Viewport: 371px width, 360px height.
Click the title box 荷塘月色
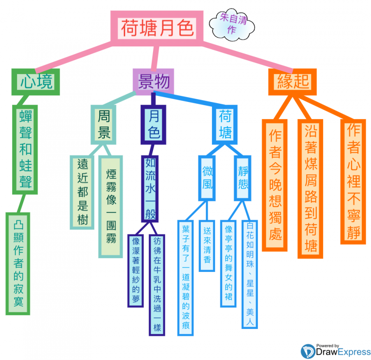(x=156, y=28)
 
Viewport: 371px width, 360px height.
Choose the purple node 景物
(x=153, y=81)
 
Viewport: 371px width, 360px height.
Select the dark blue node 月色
(x=154, y=125)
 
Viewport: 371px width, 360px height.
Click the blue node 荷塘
(x=225, y=124)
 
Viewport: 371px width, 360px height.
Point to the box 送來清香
(x=207, y=245)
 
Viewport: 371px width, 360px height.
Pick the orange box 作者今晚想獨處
(x=275, y=184)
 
